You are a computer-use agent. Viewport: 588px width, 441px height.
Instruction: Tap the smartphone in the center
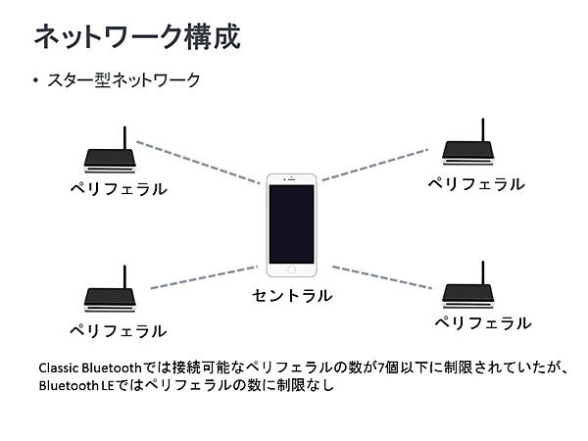click(292, 223)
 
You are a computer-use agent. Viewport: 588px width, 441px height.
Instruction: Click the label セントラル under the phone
click(292, 295)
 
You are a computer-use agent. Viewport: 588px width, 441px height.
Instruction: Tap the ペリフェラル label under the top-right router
click(475, 183)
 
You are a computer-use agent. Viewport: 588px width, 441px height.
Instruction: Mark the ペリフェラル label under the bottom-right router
click(482, 322)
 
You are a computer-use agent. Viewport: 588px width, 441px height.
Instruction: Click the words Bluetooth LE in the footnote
click(76, 385)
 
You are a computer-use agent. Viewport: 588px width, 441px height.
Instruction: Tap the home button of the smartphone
click(292, 269)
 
